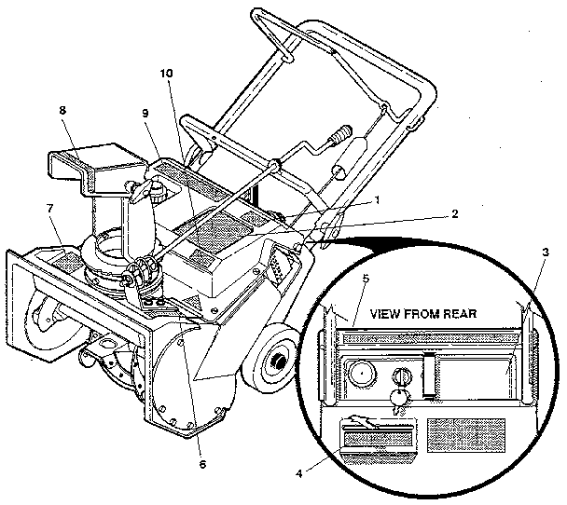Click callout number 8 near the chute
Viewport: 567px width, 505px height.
[x=62, y=109]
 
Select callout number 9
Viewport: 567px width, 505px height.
[x=145, y=115]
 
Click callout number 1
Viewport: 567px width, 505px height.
[x=377, y=199]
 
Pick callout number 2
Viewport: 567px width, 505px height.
[x=454, y=212]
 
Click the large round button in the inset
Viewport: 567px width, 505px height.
[x=361, y=375]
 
